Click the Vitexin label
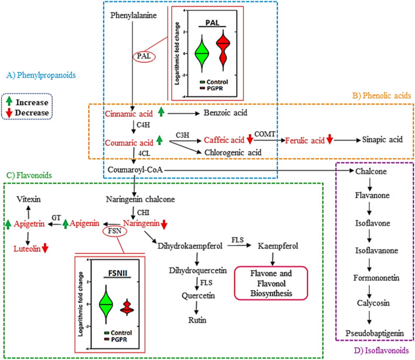[28, 199]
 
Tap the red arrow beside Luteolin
[45, 249]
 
